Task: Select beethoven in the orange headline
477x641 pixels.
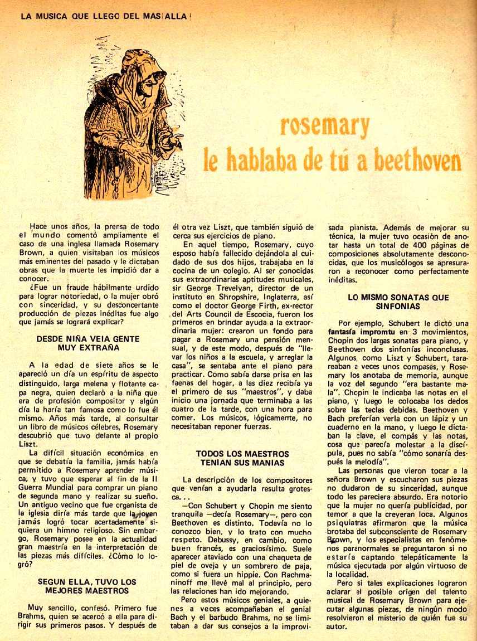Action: [x=417, y=161]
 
